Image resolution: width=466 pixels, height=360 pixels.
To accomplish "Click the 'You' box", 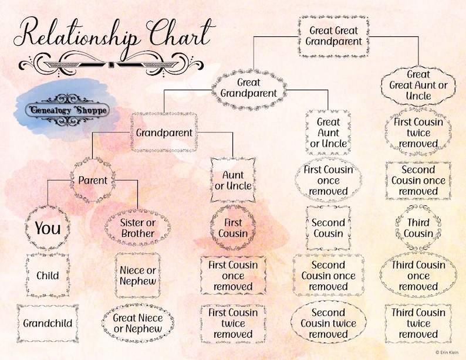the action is (x=48, y=227).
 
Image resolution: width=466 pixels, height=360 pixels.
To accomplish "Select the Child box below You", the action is (x=48, y=276).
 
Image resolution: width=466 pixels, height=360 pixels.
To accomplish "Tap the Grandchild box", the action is (x=48, y=323).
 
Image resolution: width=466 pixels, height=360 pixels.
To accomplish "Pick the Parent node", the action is (x=93, y=179).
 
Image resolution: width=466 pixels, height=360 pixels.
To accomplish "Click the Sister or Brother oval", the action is (x=137, y=227).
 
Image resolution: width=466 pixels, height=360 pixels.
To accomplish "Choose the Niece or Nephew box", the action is (x=137, y=276).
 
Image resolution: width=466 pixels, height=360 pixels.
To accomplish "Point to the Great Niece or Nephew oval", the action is (x=137, y=323).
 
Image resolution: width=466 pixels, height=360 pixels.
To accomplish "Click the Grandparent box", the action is (x=164, y=133).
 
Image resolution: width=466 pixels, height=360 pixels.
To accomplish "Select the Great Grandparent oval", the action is (x=249, y=88).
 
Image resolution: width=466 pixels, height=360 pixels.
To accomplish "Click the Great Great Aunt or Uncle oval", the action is (x=418, y=85).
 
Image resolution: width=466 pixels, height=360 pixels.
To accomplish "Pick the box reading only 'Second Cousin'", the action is (x=328, y=227).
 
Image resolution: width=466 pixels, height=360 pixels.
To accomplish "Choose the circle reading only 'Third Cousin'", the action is (x=418, y=227).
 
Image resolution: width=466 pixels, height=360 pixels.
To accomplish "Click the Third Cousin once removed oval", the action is (x=418, y=276).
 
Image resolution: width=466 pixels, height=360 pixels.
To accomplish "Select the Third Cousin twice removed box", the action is (x=418, y=323).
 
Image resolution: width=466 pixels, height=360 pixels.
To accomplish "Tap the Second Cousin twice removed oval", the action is (x=328, y=323).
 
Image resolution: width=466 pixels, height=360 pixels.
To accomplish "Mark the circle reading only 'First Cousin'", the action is (x=233, y=227).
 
